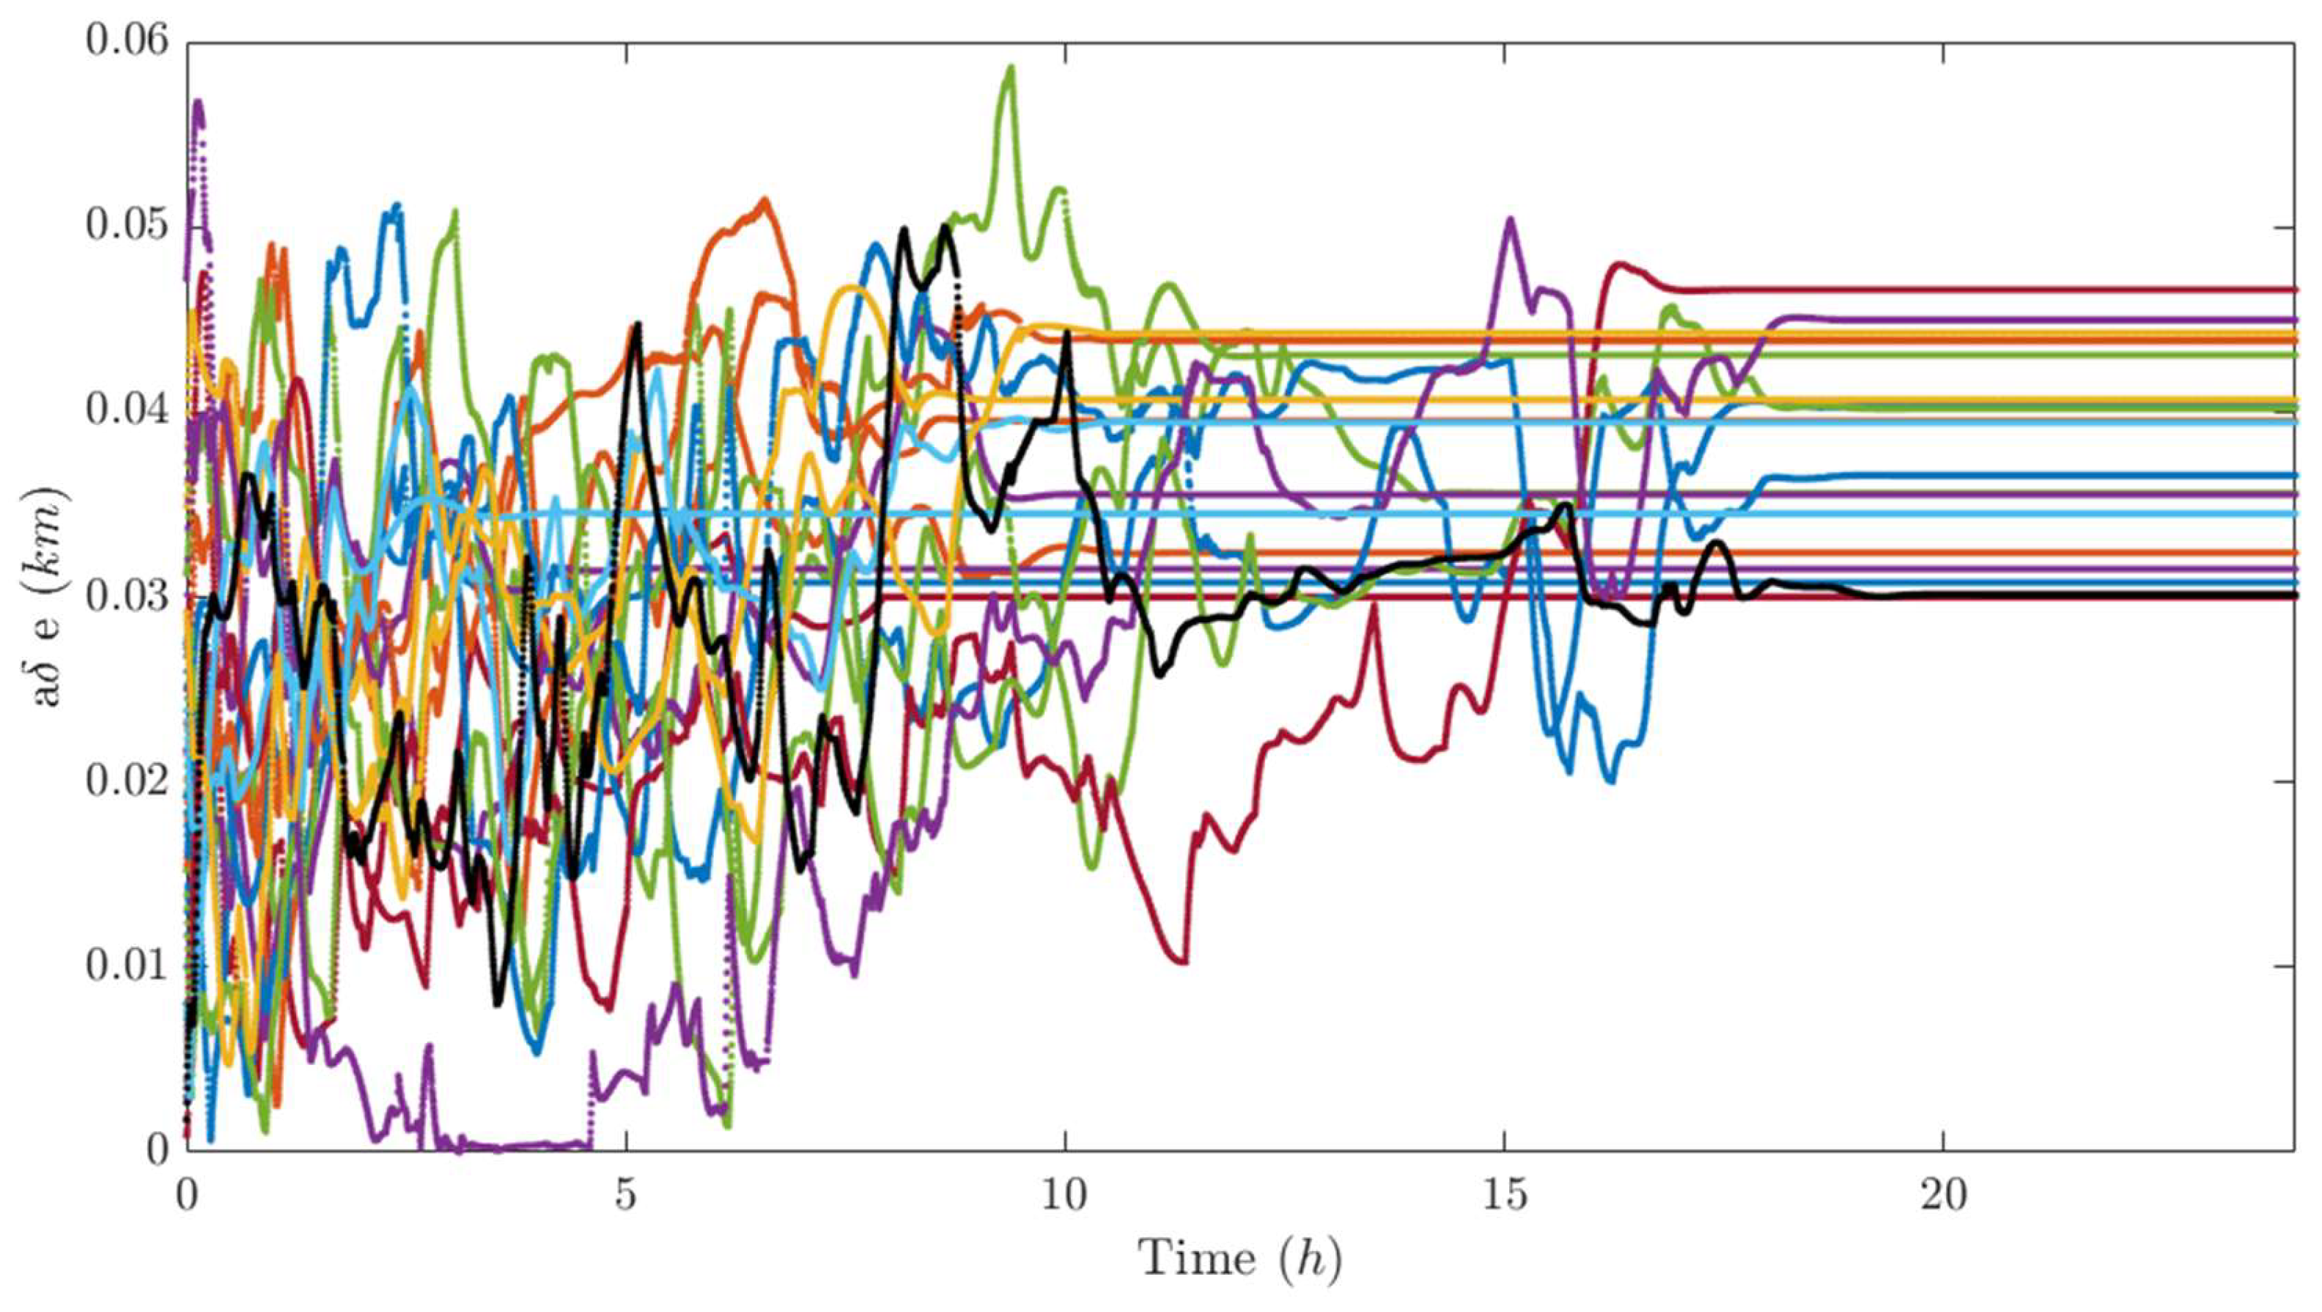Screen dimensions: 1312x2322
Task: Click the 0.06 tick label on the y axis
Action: (126, 42)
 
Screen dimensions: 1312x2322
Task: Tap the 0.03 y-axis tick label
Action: (126, 596)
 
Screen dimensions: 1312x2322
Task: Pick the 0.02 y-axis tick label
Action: (126, 781)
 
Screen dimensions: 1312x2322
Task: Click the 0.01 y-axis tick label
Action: (126, 965)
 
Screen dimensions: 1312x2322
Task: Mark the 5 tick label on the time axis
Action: (625, 1195)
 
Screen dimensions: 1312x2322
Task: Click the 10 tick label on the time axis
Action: (1064, 1195)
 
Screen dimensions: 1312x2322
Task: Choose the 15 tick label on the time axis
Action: (1505, 1195)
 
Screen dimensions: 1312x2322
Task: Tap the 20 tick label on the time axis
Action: (1942, 1195)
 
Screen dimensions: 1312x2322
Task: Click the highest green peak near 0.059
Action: (1011, 67)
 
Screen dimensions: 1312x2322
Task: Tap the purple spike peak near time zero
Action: (197, 102)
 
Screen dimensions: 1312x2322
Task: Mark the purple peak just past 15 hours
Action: (1510, 219)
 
